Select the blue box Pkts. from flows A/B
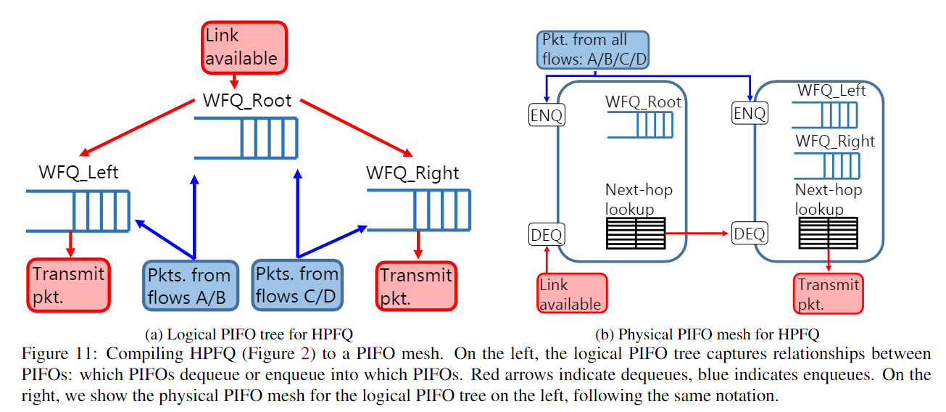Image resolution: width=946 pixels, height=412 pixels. (x=189, y=285)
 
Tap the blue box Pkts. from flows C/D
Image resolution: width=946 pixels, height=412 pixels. (x=297, y=285)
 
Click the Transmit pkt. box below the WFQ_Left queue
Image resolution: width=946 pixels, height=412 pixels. (x=69, y=284)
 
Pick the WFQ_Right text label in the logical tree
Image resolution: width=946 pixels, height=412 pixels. (x=412, y=173)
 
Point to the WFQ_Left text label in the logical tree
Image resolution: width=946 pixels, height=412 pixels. (x=78, y=173)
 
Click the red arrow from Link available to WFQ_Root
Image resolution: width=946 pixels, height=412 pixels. (x=234, y=81)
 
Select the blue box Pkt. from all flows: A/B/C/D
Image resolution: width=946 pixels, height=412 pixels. (x=593, y=49)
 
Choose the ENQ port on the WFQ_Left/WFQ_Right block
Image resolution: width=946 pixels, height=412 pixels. (x=750, y=114)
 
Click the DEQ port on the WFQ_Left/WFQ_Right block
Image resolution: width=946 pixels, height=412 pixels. (x=750, y=234)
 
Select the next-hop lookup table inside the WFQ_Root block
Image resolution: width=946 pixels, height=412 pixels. (x=636, y=234)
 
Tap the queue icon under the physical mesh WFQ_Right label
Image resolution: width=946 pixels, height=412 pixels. (x=826, y=166)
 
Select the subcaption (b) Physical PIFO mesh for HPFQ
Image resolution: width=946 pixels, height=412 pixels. (x=707, y=334)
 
